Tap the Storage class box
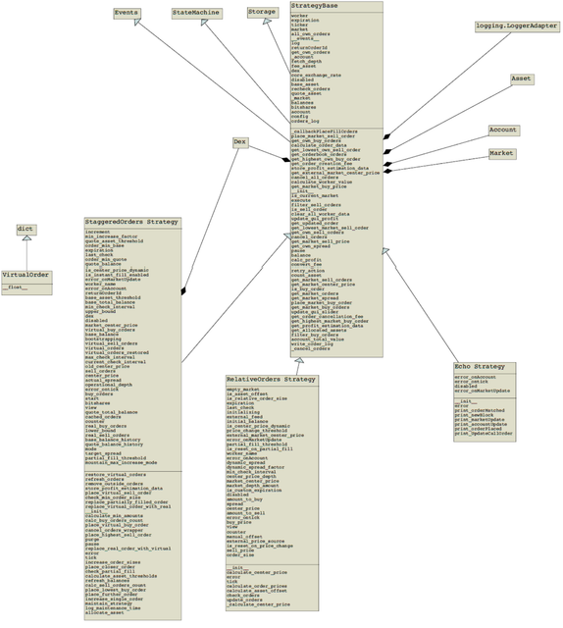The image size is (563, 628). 262,14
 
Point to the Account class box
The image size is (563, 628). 503,131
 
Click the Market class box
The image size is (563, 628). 502,154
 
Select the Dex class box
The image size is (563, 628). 240,142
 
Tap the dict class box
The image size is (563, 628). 26,230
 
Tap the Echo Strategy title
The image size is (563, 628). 480,367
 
